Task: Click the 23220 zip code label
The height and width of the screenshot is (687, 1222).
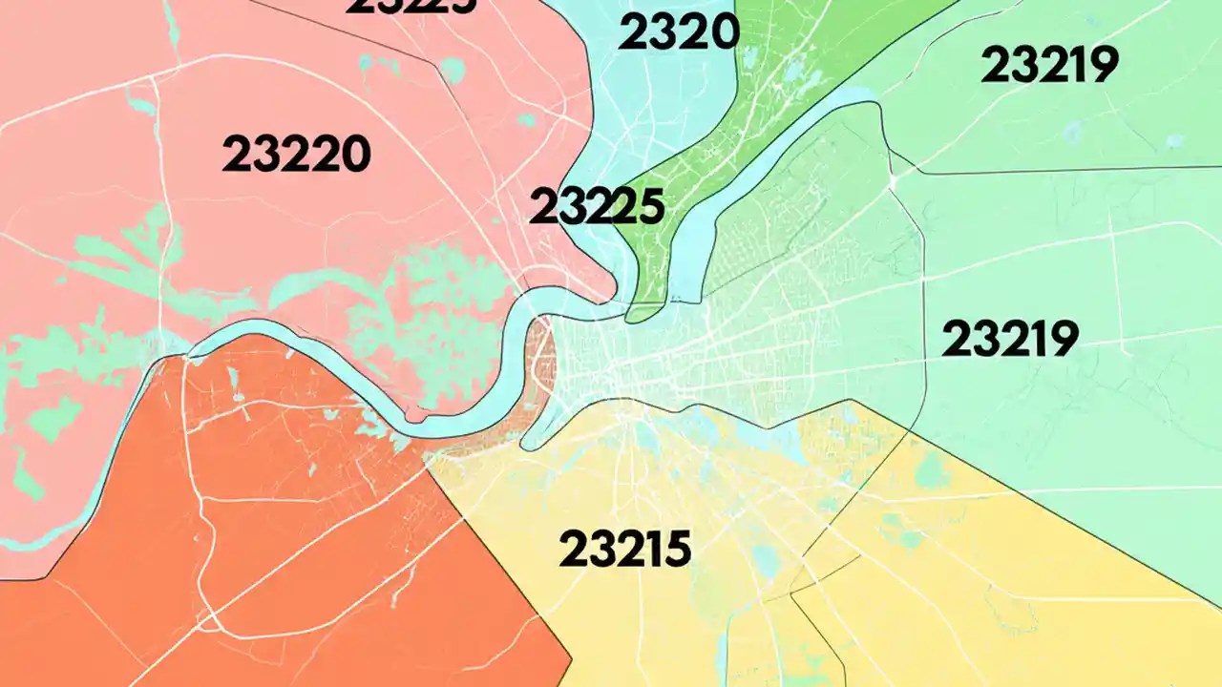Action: [296, 154]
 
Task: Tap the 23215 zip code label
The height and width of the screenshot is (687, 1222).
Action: [624, 549]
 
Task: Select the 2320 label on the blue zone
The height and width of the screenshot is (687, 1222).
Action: [678, 33]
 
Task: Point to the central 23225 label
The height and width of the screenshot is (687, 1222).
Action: [596, 206]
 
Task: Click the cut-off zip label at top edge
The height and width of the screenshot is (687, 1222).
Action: [411, 6]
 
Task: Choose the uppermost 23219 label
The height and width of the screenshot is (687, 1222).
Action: [1049, 65]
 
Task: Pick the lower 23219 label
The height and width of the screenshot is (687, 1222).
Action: [1010, 339]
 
